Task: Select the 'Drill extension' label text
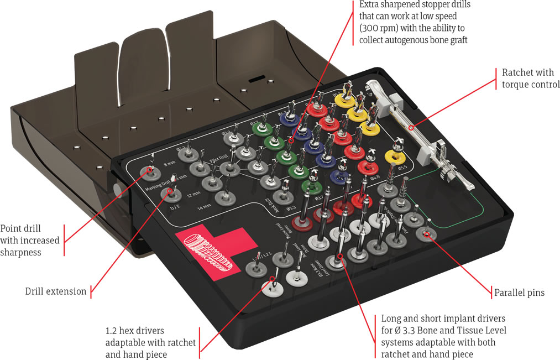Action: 56,291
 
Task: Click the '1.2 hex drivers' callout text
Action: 150,342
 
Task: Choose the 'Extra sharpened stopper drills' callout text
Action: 415,22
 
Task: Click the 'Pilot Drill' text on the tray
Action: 219,158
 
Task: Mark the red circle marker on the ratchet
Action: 411,128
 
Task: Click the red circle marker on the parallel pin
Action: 427,234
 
